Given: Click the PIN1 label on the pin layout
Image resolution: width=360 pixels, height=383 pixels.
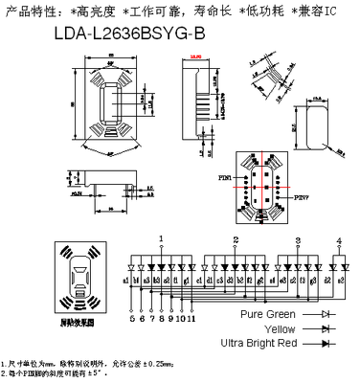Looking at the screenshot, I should coord(226,177).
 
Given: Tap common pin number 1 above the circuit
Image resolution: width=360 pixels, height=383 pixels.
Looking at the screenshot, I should coord(162,238).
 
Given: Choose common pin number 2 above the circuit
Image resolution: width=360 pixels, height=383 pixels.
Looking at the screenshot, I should coord(236,238).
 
